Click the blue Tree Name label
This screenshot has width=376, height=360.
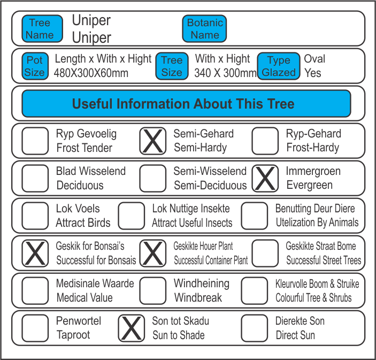[x=40, y=29]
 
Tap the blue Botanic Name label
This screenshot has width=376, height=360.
[x=205, y=29]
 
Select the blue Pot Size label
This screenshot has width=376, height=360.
[x=35, y=66]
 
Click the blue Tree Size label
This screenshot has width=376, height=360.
[x=172, y=66]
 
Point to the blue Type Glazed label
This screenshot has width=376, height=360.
[x=278, y=66]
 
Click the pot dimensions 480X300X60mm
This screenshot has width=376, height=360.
[x=91, y=73]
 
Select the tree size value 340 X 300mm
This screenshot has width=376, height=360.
[x=225, y=73]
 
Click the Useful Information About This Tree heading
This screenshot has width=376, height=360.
[x=186, y=104]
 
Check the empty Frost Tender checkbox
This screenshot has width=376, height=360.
[x=35, y=141]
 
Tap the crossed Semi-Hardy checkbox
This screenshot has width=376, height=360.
[x=153, y=141]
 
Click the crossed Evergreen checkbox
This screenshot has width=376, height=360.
[x=265, y=178]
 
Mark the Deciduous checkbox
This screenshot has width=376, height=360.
[x=35, y=178]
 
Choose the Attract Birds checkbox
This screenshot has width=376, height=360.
[x=35, y=216]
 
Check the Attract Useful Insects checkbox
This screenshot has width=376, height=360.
[x=132, y=216]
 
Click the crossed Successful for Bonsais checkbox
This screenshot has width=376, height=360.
[x=35, y=253]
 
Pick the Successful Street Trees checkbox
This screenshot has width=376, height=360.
[x=265, y=253]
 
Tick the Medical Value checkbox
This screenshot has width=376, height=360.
[x=35, y=290]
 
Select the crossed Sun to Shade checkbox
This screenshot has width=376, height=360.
[x=132, y=328]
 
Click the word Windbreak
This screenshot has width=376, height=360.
[x=197, y=297]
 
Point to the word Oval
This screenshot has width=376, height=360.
[x=314, y=59]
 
